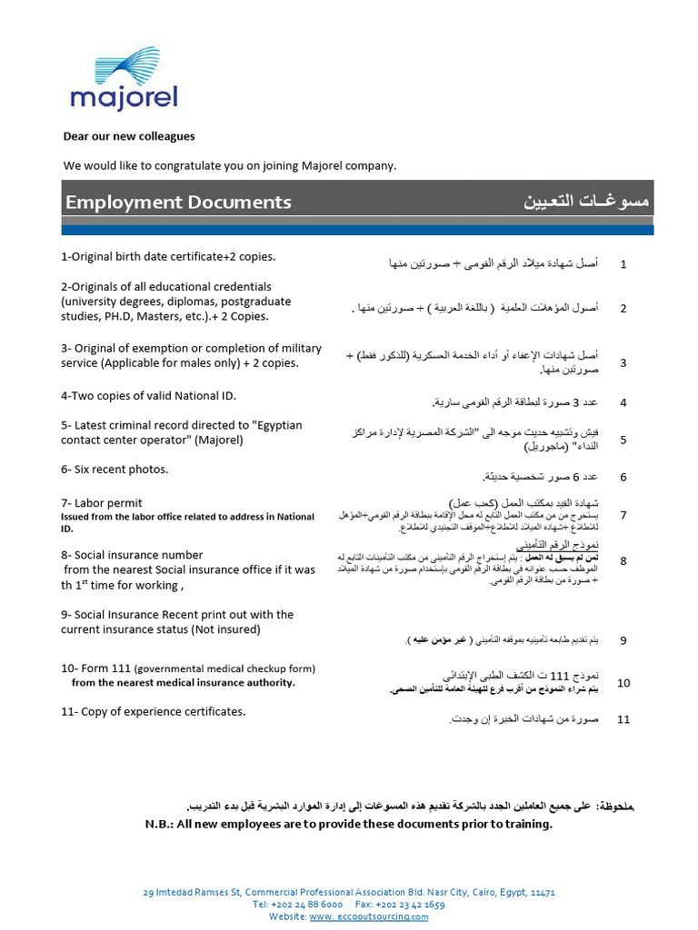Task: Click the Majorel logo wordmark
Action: click(x=124, y=97)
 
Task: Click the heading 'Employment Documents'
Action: click(x=178, y=202)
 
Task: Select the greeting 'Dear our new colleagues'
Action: click(x=128, y=136)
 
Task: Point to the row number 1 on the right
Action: click(x=623, y=264)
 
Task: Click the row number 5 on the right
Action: click(x=623, y=440)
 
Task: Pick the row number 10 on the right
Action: click(x=623, y=683)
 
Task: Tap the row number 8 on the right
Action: click(x=623, y=561)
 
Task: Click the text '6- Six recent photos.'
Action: click(x=115, y=470)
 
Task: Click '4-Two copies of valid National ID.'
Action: click(x=148, y=396)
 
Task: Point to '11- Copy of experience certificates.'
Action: click(x=153, y=711)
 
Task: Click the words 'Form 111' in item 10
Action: click(x=108, y=668)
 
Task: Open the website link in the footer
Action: click(x=369, y=916)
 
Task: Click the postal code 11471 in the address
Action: click(x=542, y=893)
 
